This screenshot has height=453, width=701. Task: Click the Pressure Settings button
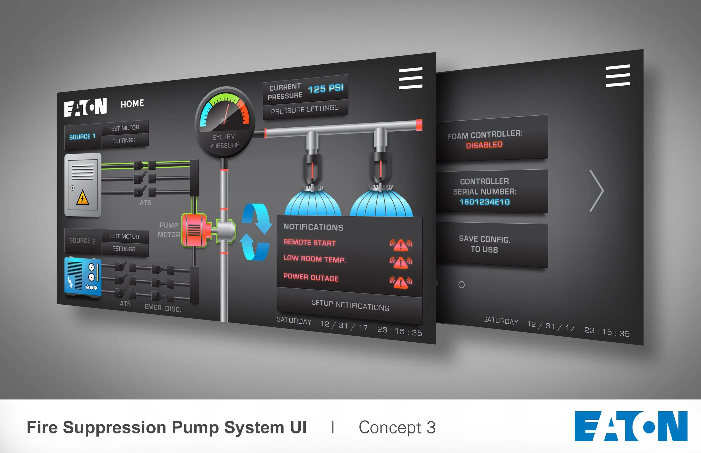(x=305, y=109)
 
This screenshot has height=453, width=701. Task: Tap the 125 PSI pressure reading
(x=326, y=88)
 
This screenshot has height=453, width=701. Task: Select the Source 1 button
(x=82, y=137)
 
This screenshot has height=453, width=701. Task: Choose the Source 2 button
(x=82, y=240)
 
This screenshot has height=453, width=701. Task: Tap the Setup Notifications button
(x=350, y=306)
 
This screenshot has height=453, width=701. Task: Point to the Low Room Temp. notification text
(x=314, y=259)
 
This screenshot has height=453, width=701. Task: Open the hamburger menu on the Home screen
(x=410, y=78)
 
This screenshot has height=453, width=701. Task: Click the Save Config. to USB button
(x=485, y=244)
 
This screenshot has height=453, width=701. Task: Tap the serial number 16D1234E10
(x=485, y=202)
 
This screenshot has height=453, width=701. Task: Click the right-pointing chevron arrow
(x=597, y=191)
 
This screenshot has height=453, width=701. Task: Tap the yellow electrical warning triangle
(x=82, y=197)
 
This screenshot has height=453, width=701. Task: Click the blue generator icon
(x=83, y=277)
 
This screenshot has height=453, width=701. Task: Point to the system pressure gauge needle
(x=226, y=113)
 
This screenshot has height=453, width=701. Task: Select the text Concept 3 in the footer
(x=397, y=428)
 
